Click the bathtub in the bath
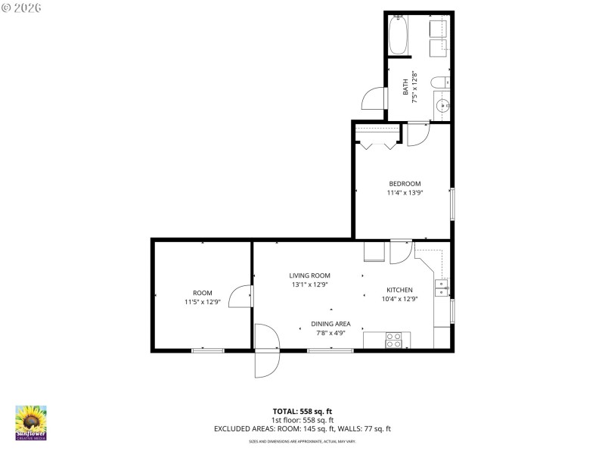399,35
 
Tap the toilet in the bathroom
439,82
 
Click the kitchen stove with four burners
394,340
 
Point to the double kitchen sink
441,287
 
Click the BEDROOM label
405,184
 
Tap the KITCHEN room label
399,290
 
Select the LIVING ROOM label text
309,275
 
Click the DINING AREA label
330,323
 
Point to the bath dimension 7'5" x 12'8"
414,89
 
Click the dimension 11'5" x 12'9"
202,302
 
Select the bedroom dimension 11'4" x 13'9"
405,194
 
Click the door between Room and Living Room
241,297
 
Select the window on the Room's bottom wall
207,350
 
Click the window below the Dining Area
330,350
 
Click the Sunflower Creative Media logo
31,422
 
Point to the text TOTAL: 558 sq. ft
302,411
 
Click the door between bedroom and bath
417,133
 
